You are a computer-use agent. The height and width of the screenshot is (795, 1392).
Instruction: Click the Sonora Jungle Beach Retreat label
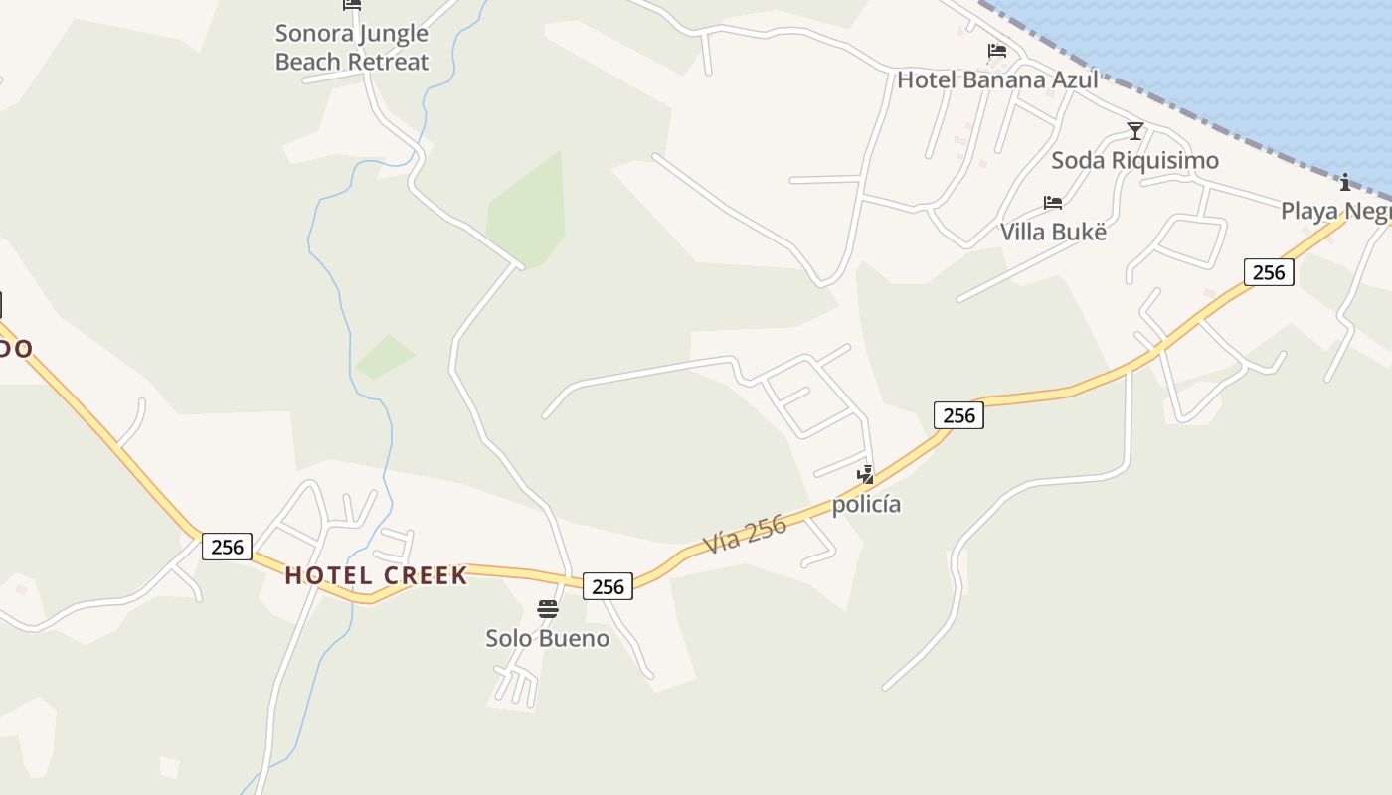tap(351, 47)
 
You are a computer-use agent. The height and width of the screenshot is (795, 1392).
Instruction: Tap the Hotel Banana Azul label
tap(997, 79)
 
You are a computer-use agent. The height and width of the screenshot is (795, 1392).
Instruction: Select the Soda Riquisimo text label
tap(1134, 160)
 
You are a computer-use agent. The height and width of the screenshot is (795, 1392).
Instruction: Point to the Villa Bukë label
tap(1053, 232)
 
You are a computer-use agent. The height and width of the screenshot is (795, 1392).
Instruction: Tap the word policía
tap(866, 504)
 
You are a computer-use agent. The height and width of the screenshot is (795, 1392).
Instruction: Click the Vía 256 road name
tap(745, 534)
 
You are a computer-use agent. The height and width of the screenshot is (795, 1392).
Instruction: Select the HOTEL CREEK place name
tap(376, 575)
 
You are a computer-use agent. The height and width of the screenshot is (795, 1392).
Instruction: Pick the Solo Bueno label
tap(547, 638)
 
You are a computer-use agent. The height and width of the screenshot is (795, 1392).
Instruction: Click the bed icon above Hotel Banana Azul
tap(997, 51)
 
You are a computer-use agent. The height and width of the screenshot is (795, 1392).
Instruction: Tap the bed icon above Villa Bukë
tap(1053, 203)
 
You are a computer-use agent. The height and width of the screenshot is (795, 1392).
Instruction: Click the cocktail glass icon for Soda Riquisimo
tap(1135, 131)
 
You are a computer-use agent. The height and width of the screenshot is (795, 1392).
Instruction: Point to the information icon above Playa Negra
tap(1345, 182)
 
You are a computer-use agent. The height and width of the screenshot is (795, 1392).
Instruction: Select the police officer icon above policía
tap(866, 475)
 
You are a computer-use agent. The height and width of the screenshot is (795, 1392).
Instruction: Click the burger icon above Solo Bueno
tap(548, 609)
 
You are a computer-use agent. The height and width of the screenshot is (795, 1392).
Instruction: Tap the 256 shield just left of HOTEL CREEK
tap(227, 546)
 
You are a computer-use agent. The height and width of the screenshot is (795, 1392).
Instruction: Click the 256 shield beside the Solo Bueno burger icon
tap(608, 586)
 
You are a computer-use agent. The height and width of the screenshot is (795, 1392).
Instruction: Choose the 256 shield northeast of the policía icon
tap(958, 415)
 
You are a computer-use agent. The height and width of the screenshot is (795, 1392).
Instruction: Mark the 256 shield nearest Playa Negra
tap(1269, 272)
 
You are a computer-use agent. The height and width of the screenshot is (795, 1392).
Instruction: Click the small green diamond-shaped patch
tap(386, 356)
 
